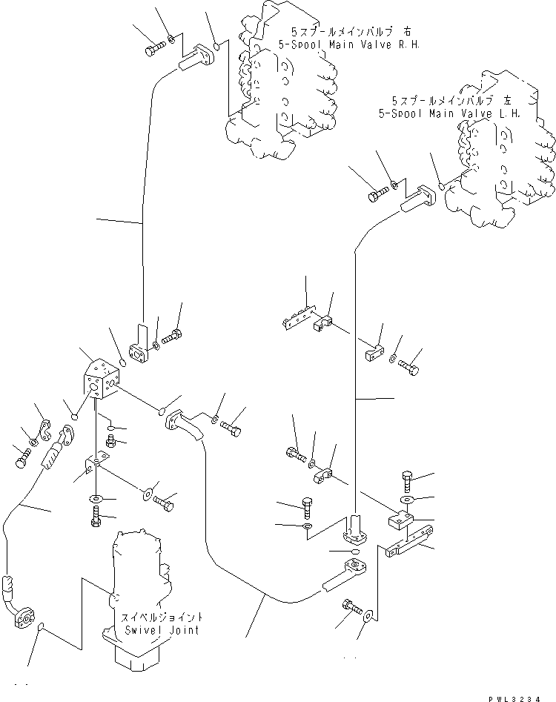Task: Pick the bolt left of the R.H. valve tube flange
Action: [x=151, y=49]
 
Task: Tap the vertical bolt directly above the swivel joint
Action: [x=96, y=521]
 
